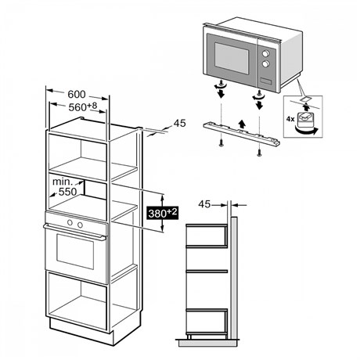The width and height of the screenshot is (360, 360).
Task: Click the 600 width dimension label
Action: click(x=77, y=94)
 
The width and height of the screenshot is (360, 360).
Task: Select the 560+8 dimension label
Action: click(x=83, y=106)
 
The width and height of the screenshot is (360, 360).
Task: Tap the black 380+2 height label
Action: click(x=163, y=213)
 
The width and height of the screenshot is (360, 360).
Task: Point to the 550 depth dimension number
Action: click(x=67, y=192)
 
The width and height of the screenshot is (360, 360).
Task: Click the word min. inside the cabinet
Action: click(x=63, y=182)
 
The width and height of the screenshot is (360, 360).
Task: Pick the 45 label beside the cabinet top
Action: click(x=180, y=123)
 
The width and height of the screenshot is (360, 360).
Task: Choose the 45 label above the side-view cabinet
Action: click(x=204, y=204)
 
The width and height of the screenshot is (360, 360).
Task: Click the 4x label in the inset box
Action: click(x=290, y=119)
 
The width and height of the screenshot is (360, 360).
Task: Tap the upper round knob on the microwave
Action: click(x=266, y=54)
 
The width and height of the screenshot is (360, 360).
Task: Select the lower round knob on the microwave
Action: click(x=266, y=63)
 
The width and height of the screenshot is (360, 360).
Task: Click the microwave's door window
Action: click(x=232, y=58)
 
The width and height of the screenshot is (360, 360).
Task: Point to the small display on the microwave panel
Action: click(x=265, y=81)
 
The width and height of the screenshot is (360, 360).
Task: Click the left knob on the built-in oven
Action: click(x=70, y=222)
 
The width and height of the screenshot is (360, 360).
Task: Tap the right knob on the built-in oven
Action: click(x=80, y=225)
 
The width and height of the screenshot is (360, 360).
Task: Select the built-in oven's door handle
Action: click(x=75, y=232)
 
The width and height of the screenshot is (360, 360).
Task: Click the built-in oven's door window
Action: click(x=75, y=251)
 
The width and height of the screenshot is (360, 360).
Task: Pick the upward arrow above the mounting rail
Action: click(x=243, y=124)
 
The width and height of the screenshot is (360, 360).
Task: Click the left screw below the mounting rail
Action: click(x=221, y=143)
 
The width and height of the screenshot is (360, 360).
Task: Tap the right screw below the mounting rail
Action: click(x=259, y=152)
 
